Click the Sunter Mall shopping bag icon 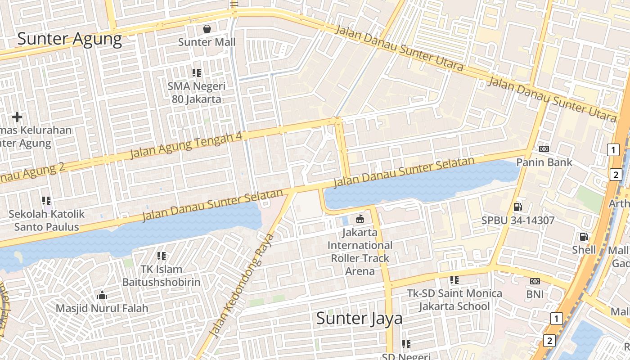(207, 29)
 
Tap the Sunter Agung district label (70, 39)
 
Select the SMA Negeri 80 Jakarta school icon (196, 72)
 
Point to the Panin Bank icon (544, 149)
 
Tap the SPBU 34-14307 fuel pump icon (517, 207)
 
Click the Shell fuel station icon (584, 236)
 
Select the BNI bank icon (535, 281)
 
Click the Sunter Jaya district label (359, 319)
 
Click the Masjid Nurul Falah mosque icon (102, 295)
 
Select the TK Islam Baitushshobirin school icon (162, 256)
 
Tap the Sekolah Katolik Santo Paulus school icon (46, 200)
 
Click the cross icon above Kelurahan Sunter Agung (17, 117)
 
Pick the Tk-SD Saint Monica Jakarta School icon (454, 280)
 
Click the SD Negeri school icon (406, 344)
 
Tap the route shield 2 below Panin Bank (616, 175)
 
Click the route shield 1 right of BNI (557, 319)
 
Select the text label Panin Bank (544, 162)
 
